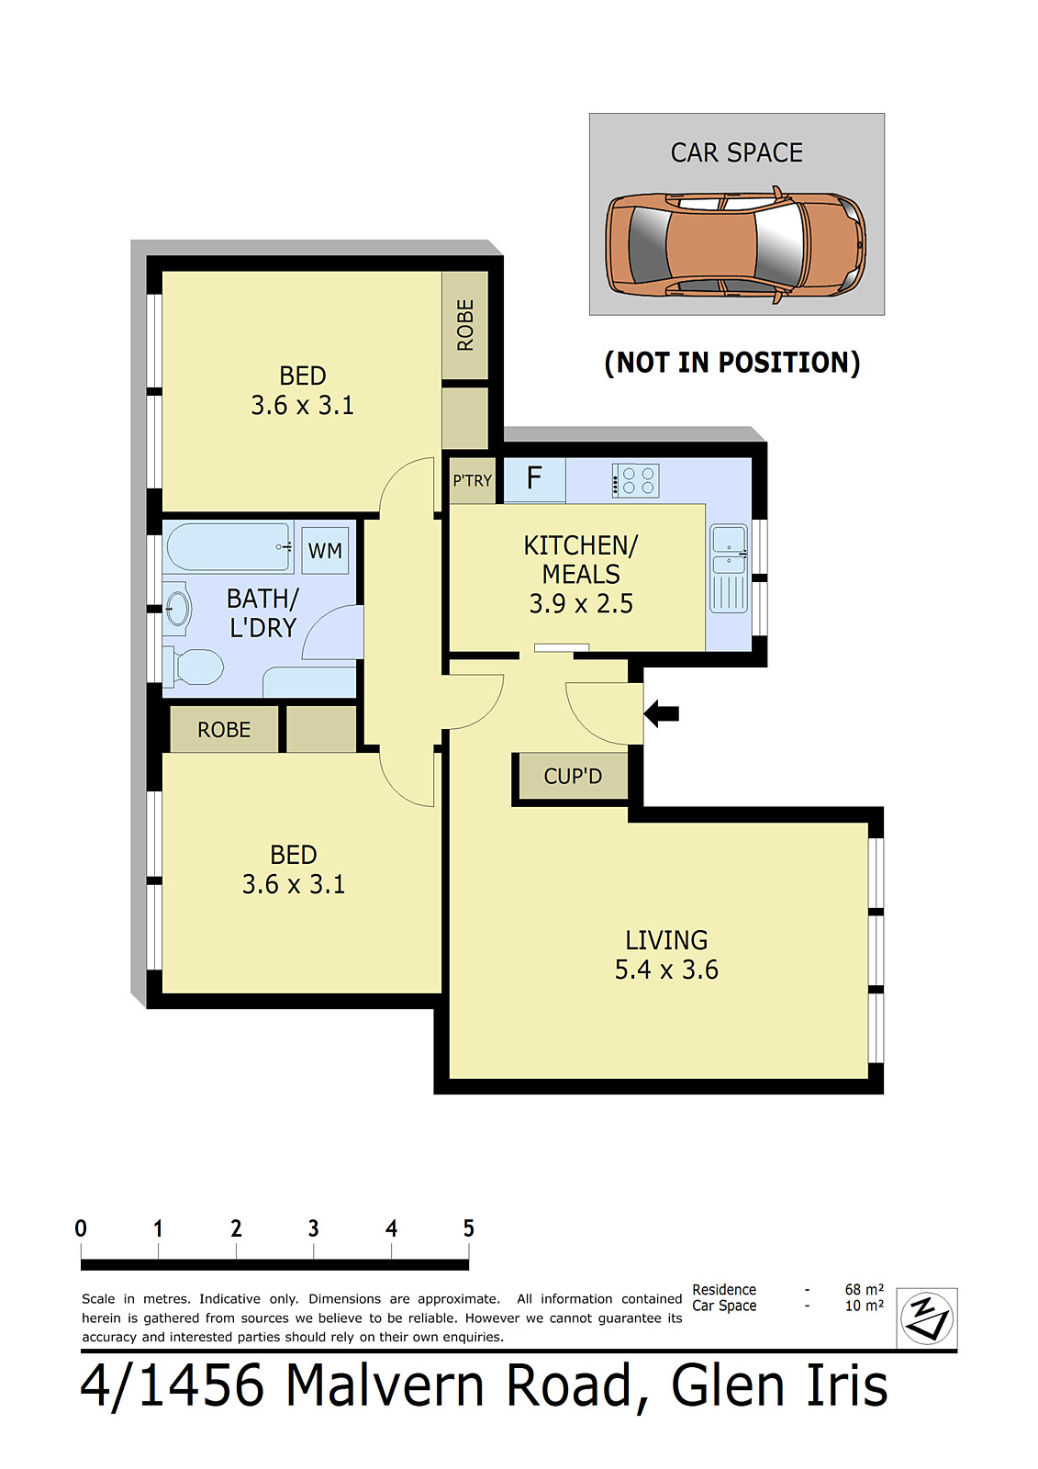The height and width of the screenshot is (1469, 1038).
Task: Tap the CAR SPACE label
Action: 736,152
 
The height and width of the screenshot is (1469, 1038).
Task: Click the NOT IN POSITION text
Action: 731,363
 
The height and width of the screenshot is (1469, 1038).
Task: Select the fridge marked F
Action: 534,480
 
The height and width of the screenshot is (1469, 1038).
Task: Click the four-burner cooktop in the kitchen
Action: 635,480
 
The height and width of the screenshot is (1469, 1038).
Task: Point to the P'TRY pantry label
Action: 472,481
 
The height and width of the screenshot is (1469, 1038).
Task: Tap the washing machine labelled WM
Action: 325,550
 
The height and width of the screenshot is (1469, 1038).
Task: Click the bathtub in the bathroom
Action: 229,546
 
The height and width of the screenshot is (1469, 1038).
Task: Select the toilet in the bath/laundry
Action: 194,667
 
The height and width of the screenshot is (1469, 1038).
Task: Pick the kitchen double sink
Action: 729,568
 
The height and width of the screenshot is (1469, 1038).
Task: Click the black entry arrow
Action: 661,713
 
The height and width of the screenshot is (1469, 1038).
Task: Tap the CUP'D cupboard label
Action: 573,777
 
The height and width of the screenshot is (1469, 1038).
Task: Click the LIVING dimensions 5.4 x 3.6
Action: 666,970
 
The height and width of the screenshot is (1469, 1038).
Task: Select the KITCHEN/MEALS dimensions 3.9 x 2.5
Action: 581,603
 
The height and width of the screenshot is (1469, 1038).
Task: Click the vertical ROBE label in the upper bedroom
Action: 465,325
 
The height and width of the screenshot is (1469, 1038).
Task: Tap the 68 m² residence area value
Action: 865,1289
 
